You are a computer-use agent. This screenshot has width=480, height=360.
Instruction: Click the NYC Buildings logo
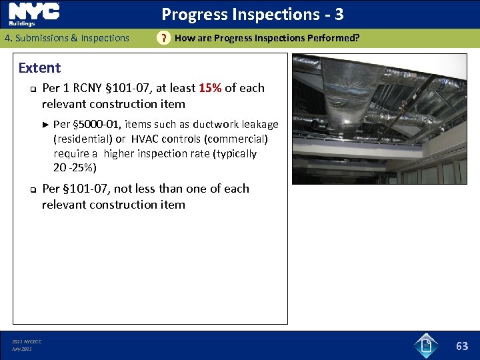tap(34, 14)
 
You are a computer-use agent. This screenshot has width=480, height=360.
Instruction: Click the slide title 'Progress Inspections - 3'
tap(253, 14)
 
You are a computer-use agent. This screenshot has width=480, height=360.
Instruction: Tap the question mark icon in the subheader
tap(163, 39)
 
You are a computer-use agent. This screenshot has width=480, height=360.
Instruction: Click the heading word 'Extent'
tap(39, 68)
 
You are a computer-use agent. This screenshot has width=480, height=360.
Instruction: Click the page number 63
tap(462, 345)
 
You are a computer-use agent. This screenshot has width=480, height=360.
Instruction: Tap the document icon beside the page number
tap(426, 345)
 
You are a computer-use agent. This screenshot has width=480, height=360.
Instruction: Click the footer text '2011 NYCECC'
tap(27, 341)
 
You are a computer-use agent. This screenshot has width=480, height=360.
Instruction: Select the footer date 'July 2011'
tap(22, 349)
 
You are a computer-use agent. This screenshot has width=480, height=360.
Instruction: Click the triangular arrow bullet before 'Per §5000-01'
tap(46, 124)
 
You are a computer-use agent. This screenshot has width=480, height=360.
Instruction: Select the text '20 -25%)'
tap(75, 167)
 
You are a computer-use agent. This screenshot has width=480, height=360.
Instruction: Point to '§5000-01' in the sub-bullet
tap(98, 124)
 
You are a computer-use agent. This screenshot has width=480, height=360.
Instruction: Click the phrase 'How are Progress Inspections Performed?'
tap(267, 38)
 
